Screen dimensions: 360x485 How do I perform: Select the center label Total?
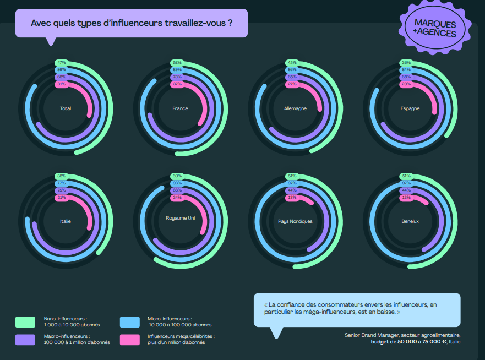click(66, 108)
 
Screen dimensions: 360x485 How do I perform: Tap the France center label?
click(180, 108)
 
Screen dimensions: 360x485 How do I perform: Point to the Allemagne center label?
click(296, 108)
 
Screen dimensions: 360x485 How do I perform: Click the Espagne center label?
click(410, 108)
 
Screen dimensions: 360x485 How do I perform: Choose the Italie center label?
click(66, 221)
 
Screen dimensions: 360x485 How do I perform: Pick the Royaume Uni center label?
click(180, 218)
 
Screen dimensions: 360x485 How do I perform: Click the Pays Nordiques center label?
click(296, 221)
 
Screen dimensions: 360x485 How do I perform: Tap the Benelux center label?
click(410, 221)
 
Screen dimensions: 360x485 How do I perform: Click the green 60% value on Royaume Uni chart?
click(177, 176)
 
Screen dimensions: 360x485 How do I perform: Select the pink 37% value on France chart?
click(177, 84)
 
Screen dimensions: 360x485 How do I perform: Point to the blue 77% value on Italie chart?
click(62, 183)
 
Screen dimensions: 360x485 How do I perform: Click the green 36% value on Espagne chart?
click(406, 63)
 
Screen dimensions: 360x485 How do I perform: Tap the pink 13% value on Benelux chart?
click(406, 197)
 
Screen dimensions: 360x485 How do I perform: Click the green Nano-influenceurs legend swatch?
click(25, 321)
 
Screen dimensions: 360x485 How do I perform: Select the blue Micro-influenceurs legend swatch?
click(129, 321)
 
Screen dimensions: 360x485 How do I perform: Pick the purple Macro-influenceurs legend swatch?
click(25, 339)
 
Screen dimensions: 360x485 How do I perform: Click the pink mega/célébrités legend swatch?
click(129, 339)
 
